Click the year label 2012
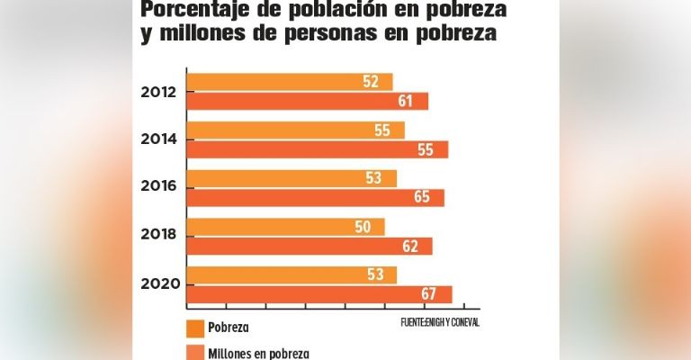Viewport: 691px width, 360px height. (x=157, y=92)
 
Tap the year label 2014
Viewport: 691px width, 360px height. (x=157, y=139)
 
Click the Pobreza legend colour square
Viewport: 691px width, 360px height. (x=194, y=328)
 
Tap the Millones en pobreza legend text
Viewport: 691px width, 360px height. (x=259, y=353)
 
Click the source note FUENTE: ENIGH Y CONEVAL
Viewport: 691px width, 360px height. (x=440, y=322)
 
